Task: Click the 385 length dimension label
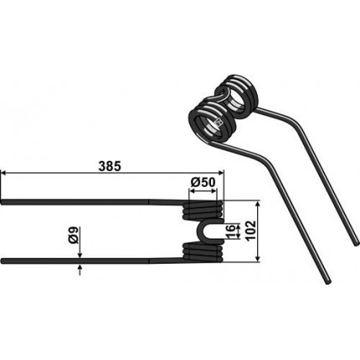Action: (111, 167)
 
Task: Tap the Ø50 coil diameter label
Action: (203, 183)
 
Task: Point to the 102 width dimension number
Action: (251, 231)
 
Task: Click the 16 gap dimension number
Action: (230, 231)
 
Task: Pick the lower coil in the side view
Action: (203, 252)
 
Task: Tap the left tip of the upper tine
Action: (2, 202)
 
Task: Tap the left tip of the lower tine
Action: (2, 261)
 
